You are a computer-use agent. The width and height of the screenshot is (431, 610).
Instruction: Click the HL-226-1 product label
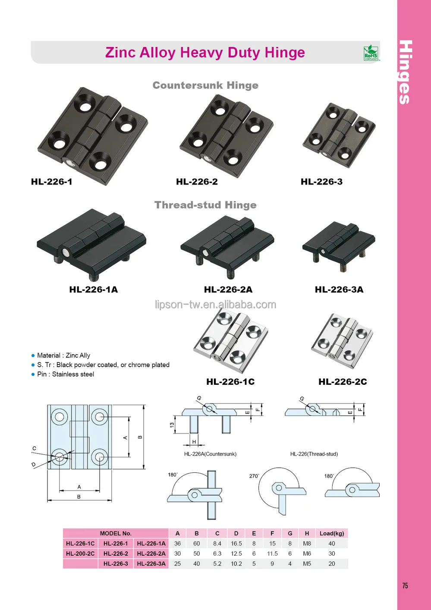(51, 182)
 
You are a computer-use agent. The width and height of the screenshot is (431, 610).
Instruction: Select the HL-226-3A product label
(339, 289)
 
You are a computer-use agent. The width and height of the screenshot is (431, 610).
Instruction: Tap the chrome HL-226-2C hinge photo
(342, 341)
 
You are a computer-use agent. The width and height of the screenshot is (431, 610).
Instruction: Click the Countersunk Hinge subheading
(205, 85)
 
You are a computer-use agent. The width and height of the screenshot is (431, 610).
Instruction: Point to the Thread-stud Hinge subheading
(205, 205)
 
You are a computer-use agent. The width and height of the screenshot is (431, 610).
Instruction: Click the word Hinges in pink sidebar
(405, 72)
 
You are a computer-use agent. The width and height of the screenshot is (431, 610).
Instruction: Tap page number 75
(405, 585)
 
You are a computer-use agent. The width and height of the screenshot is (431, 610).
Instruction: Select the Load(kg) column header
(331, 533)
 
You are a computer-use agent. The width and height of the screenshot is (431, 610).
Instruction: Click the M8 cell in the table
(307, 544)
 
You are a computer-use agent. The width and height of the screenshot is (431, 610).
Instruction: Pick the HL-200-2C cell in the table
(80, 553)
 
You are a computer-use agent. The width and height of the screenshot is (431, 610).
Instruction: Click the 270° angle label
(254, 476)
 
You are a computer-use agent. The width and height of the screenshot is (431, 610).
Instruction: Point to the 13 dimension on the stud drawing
(172, 425)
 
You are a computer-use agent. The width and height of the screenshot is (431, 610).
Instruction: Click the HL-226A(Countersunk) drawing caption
(210, 454)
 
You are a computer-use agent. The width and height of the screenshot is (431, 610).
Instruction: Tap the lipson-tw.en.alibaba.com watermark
(215, 305)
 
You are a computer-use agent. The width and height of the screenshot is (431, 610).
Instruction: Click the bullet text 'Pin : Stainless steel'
(66, 374)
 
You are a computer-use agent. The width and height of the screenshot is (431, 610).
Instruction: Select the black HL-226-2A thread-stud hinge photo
(227, 246)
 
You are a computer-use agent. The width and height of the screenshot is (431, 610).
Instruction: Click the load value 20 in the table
(331, 563)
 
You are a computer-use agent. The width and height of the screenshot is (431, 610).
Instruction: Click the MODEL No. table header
(116, 533)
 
